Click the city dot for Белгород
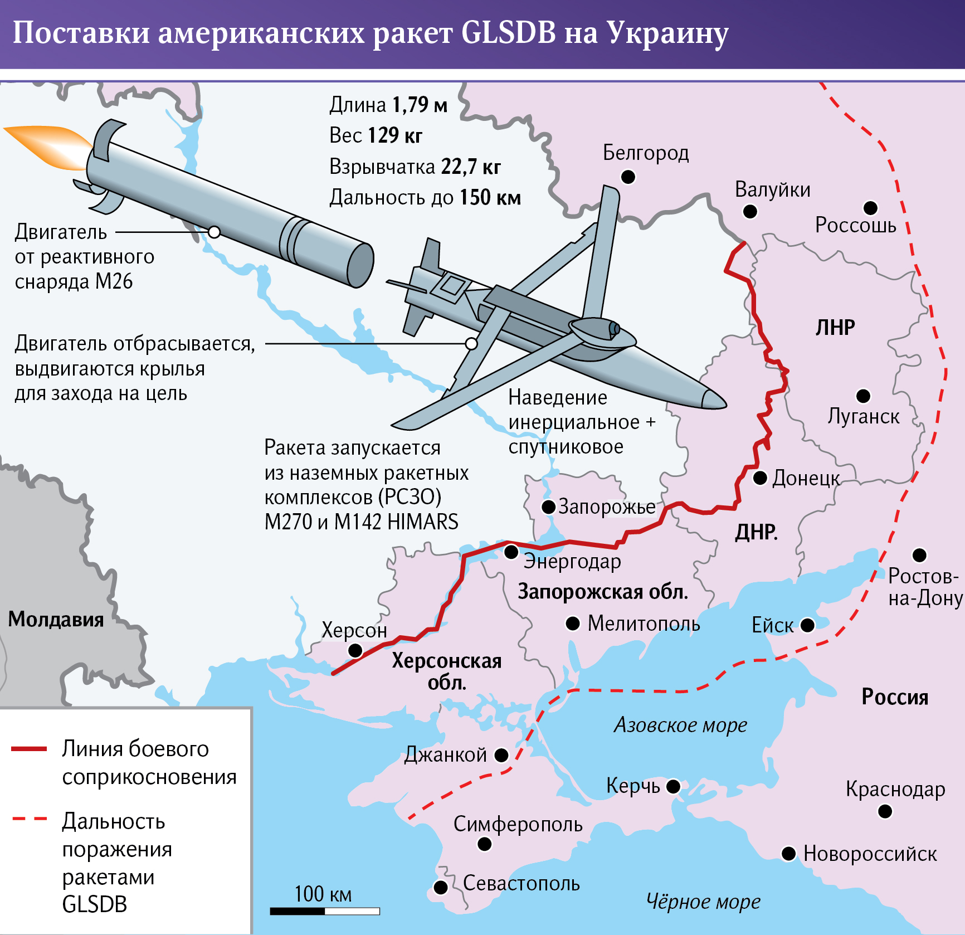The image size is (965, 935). (x=628, y=177)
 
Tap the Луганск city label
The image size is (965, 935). (x=863, y=417)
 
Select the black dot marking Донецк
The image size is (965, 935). (x=760, y=478)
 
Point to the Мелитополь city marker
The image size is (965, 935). (x=573, y=623)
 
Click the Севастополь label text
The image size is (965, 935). (x=521, y=883)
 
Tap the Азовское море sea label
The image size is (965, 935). (x=680, y=725)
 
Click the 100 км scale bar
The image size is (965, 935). (x=325, y=911)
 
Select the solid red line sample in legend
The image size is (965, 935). (x=29, y=749)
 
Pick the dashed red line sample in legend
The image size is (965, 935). (x=29, y=819)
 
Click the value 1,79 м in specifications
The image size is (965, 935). (x=419, y=105)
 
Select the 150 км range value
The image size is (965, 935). (x=490, y=197)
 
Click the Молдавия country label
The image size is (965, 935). (x=56, y=619)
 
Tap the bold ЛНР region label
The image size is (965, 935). (x=835, y=327)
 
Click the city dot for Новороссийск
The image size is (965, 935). (x=788, y=854)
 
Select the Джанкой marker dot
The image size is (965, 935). (x=501, y=755)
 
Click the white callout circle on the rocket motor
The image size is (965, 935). (x=214, y=232)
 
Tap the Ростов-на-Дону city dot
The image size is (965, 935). (x=919, y=555)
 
